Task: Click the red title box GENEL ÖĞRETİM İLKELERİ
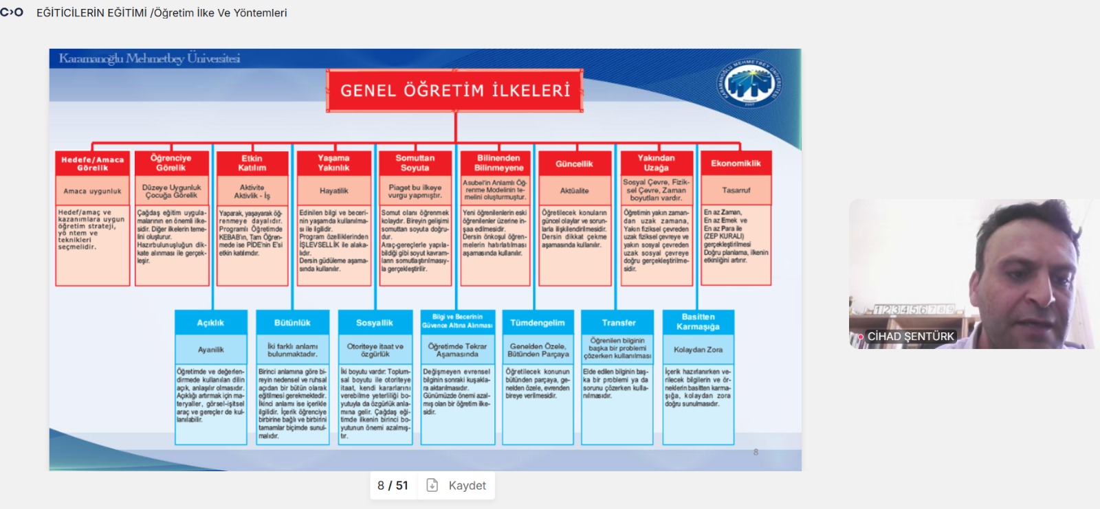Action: coord(455,91)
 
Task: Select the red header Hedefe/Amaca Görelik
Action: coord(92,163)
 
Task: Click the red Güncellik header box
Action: coord(574,163)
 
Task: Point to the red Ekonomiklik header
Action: coord(736,163)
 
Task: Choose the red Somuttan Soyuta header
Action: coord(415,163)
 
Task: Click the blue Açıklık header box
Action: coord(210,323)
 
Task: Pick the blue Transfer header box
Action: coord(619,323)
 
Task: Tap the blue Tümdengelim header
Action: coord(537,323)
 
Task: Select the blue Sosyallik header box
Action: coord(375,323)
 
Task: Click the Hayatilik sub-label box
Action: coord(334,191)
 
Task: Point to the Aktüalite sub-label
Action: coord(574,191)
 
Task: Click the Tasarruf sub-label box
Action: coord(736,190)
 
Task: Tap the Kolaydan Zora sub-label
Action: coord(698,350)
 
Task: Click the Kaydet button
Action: coord(457,486)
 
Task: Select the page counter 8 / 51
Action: coord(393,486)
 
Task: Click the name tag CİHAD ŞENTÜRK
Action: coord(910,337)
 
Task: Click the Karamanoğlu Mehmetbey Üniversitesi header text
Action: coord(149,58)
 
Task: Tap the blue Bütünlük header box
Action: coord(292,323)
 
